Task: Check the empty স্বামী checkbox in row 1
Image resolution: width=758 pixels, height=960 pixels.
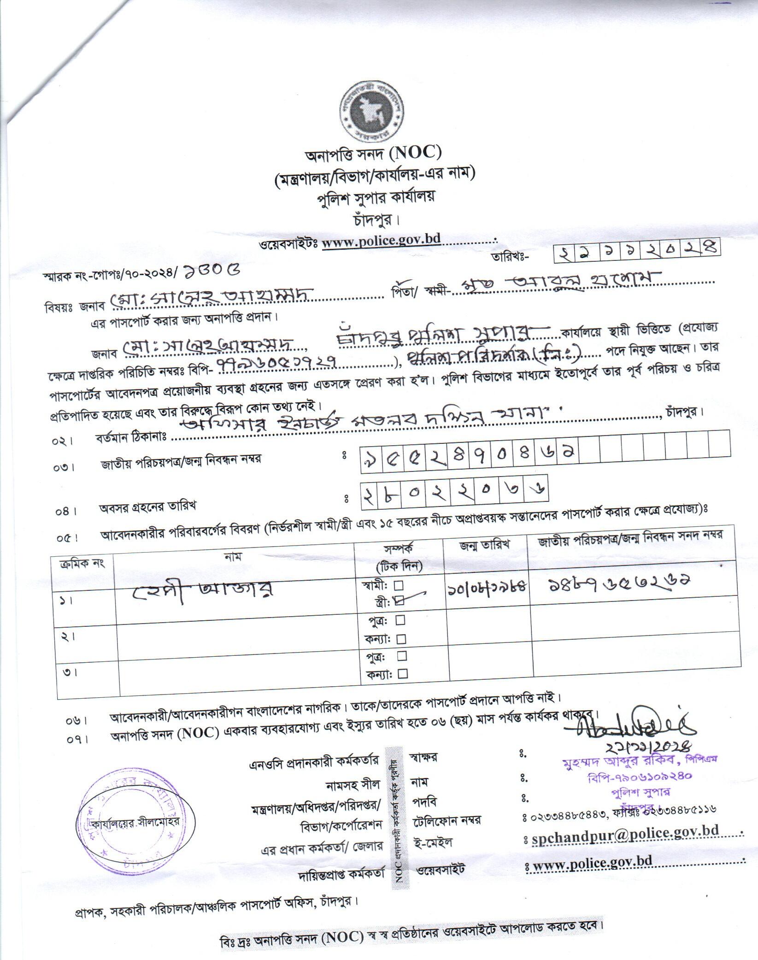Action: (x=399, y=585)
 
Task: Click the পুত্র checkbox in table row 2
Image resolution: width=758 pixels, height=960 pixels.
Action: (x=400, y=620)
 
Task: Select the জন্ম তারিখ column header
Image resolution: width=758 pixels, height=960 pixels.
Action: (x=484, y=544)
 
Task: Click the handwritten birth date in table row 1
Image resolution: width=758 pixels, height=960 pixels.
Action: (x=487, y=587)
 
